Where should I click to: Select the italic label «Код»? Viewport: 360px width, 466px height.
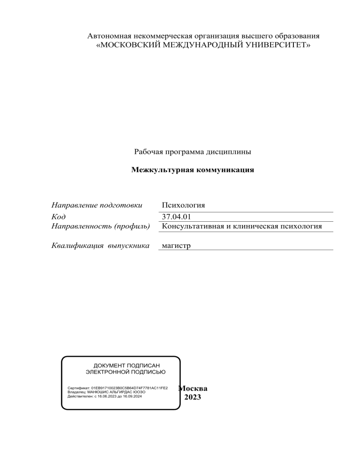(x=58, y=217)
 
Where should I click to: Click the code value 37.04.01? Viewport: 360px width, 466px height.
(x=176, y=217)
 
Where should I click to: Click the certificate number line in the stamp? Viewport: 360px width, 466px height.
(x=118, y=389)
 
